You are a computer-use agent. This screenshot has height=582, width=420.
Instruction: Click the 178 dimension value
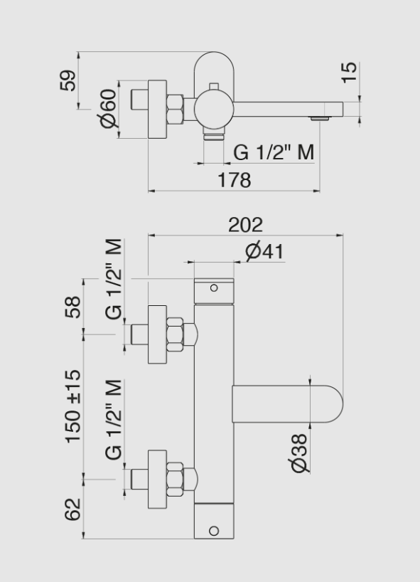[235, 180]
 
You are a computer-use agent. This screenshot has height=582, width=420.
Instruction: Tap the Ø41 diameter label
[264, 252]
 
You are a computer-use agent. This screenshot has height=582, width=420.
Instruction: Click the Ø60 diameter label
[108, 109]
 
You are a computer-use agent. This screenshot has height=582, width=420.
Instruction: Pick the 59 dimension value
[68, 80]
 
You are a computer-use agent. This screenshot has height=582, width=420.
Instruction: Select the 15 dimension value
[350, 73]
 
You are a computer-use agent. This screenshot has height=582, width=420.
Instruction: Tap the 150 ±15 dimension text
[73, 406]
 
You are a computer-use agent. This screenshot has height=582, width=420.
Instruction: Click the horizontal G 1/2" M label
[274, 152]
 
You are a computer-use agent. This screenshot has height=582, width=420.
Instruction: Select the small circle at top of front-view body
[213, 288]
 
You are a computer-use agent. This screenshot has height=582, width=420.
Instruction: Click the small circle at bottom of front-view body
[213, 531]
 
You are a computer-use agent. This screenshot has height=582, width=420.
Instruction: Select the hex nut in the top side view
[175, 109]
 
